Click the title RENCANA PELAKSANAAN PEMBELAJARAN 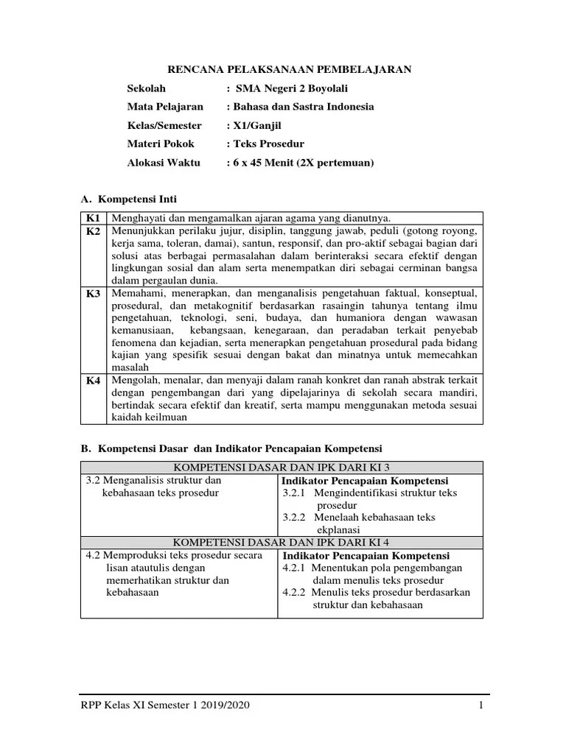pyautogui.click(x=290, y=69)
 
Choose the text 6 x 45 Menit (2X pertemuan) pyautogui.click(x=303, y=162)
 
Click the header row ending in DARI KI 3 pyautogui.click(x=282, y=468)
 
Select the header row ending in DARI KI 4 pyautogui.click(x=282, y=543)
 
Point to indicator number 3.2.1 pyautogui.click(x=295, y=493)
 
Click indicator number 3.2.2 pyautogui.click(x=295, y=518)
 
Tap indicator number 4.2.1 pyautogui.click(x=295, y=568)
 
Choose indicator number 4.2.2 pyautogui.click(x=295, y=592)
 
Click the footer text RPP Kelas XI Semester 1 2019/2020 pyautogui.click(x=165, y=706)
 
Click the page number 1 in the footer pyautogui.click(x=480, y=706)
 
